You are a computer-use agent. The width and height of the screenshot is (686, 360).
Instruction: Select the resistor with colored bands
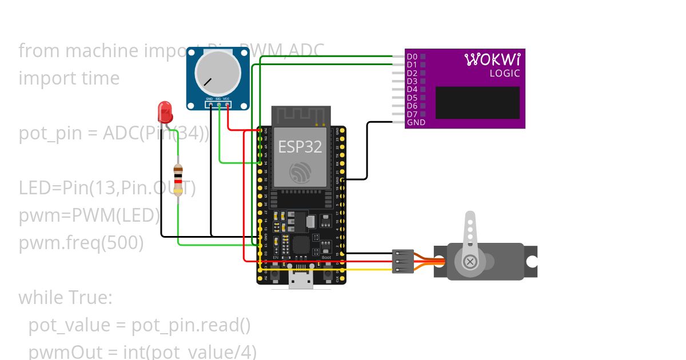[178, 180]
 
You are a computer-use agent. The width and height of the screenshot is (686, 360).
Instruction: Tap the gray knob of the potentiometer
[217, 74]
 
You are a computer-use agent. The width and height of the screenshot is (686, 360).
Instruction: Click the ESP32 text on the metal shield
[300, 147]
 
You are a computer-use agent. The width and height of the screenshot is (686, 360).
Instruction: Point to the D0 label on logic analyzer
[412, 57]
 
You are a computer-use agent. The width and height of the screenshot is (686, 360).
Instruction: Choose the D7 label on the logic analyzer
[412, 114]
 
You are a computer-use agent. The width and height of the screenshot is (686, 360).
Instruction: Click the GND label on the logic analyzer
[416, 122]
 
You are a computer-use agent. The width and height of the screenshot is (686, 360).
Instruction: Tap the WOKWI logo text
[492, 59]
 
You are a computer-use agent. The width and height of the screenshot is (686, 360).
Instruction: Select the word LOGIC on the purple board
[505, 74]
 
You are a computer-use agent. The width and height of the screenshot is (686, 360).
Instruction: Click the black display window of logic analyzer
[477, 102]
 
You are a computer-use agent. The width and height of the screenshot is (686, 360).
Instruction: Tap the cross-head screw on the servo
[470, 262]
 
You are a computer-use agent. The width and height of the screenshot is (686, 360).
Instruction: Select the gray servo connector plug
[402, 261]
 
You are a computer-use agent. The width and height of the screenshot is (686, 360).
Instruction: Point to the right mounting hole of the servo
[532, 262]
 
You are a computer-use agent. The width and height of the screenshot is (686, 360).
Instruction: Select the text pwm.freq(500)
[81, 243]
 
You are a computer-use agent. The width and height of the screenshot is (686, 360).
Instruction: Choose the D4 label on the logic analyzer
[412, 90]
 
